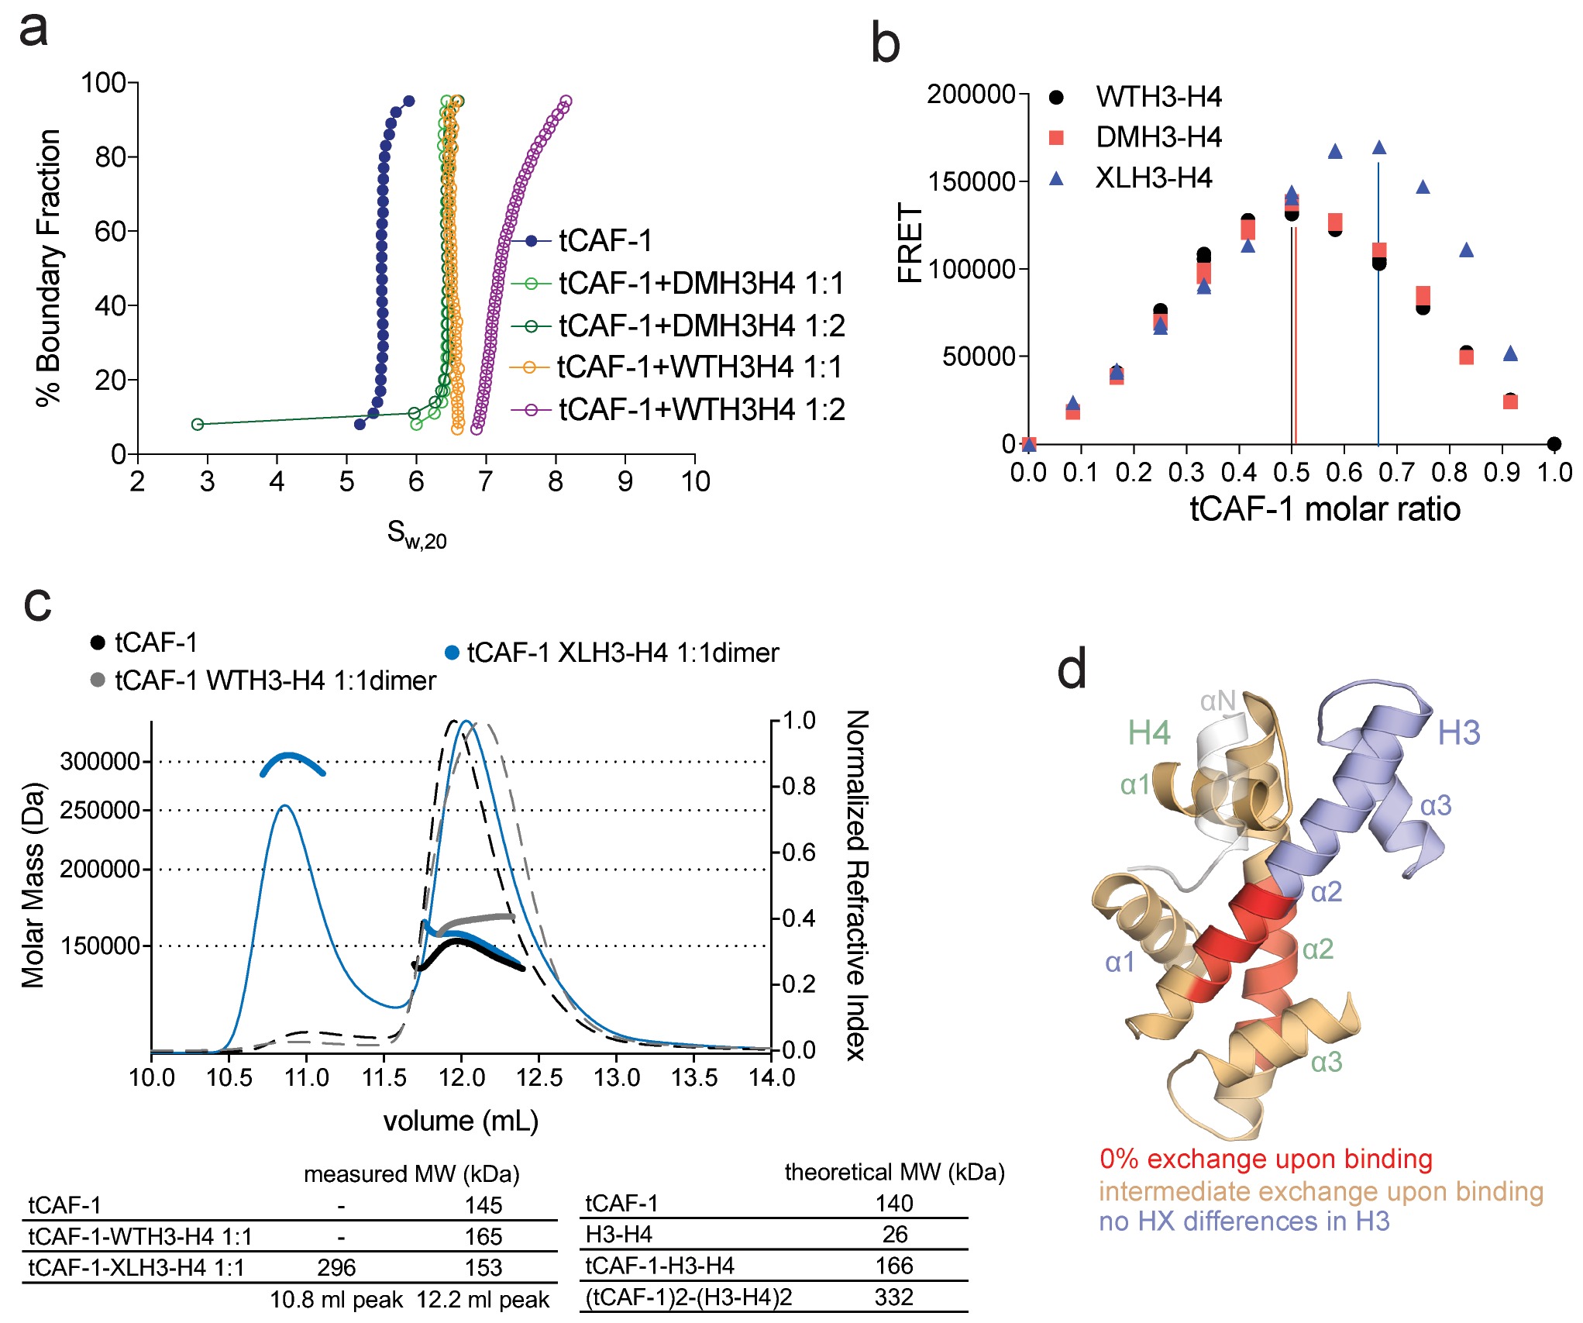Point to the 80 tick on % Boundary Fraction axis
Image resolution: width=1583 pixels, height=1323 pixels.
click(x=108, y=157)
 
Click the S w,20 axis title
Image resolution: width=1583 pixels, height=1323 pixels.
click(x=417, y=534)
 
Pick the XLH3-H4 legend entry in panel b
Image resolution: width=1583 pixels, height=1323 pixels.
click(x=1153, y=178)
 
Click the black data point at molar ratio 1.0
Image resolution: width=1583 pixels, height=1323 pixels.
click(x=1554, y=443)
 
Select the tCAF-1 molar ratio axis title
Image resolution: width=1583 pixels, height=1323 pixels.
click(x=1325, y=509)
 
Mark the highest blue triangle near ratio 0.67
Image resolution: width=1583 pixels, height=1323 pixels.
click(x=1379, y=147)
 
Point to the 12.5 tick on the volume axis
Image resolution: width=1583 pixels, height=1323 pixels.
click(x=539, y=1077)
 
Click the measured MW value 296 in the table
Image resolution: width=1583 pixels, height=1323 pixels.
click(x=336, y=1267)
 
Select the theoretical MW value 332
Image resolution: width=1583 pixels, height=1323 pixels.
click(x=894, y=1297)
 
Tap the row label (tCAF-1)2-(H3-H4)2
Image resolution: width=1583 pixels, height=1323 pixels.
click(x=688, y=1297)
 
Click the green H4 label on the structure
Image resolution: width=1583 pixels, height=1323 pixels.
click(x=1148, y=732)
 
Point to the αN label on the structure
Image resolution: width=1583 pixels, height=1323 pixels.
click(x=1217, y=701)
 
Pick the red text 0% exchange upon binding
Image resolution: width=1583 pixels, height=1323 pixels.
click(x=1265, y=1159)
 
